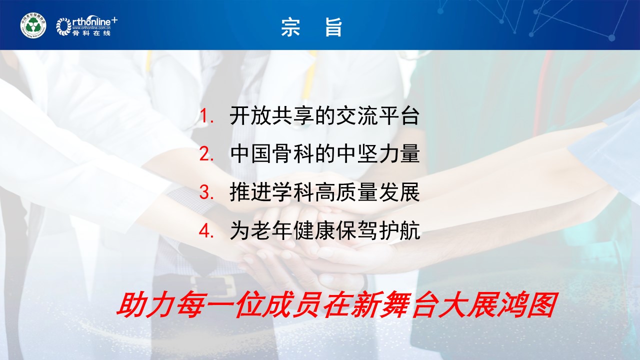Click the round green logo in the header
point(33,25)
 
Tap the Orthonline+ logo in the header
point(87,25)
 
